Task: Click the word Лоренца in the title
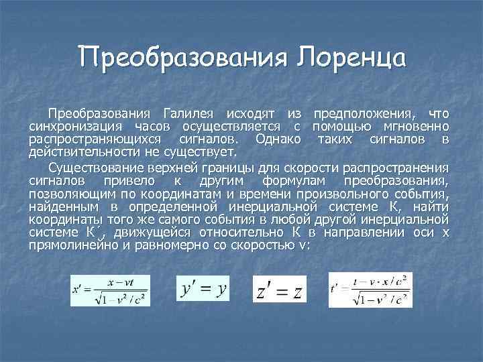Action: coord(348,58)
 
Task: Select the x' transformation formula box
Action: coord(111,291)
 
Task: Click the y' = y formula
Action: coord(204,290)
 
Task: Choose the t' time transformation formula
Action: coord(370,290)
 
